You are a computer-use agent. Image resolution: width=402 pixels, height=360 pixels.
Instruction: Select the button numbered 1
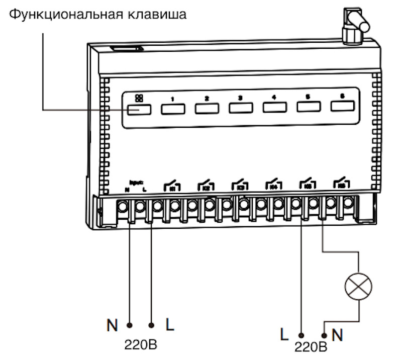[172, 108]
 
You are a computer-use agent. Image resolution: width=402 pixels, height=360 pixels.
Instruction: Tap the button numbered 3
[240, 108]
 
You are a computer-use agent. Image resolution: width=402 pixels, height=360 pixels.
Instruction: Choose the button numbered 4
[274, 107]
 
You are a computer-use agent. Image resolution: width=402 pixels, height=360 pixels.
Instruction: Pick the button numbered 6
[342, 106]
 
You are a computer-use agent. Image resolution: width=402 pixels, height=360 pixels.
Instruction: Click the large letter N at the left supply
[112, 325]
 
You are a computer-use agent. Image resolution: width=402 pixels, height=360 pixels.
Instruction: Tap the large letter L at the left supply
[170, 325]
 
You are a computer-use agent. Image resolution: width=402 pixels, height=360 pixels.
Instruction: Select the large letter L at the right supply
[285, 333]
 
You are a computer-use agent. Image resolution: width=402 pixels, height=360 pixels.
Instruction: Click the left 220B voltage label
[141, 345]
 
